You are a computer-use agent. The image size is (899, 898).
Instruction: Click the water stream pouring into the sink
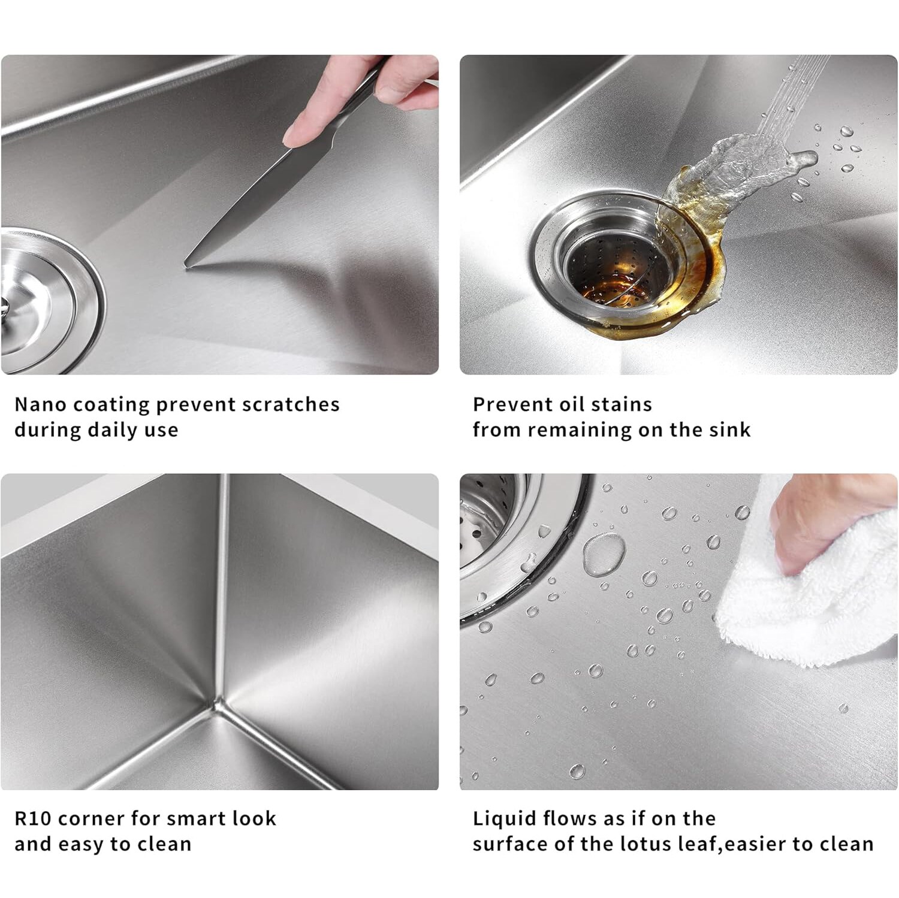pos(791,96)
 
